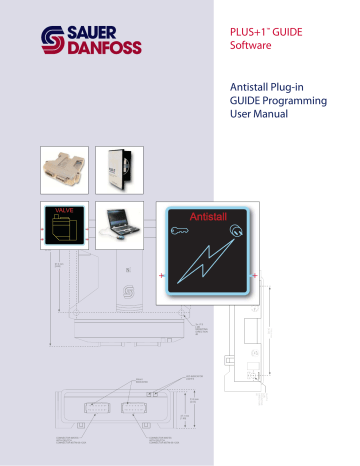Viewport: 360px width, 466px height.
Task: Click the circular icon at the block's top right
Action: pos(236,236)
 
